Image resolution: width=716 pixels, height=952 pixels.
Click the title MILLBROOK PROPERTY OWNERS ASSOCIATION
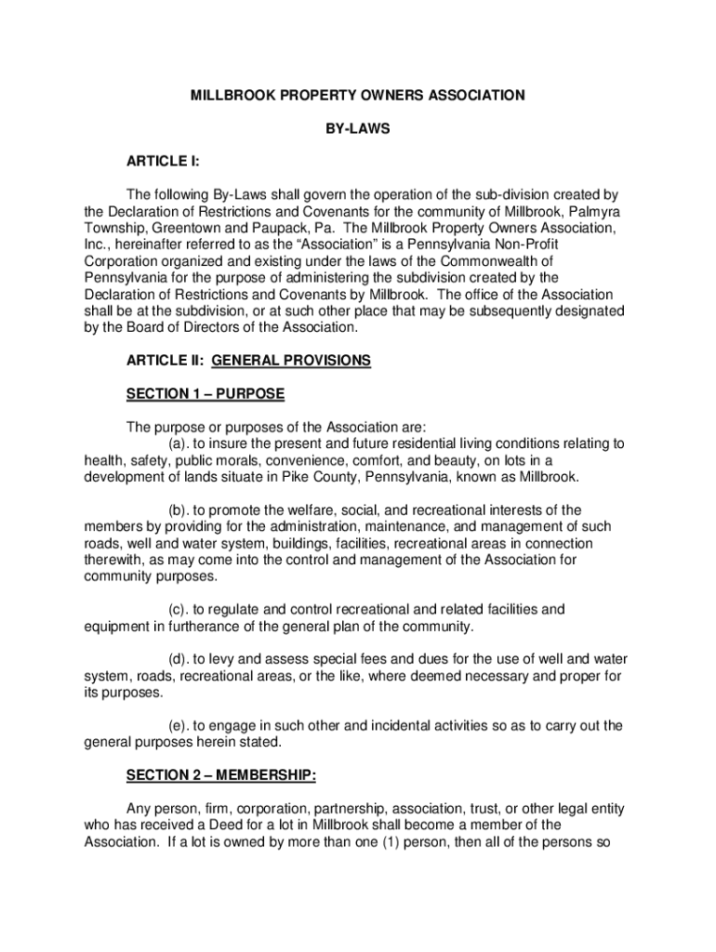(358, 95)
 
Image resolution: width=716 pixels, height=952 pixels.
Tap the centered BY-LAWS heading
(357, 129)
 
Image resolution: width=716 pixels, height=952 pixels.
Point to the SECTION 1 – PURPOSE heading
(206, 394)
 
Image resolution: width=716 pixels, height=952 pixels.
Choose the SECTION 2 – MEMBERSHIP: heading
(221, 775)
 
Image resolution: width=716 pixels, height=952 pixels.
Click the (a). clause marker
(179, 443)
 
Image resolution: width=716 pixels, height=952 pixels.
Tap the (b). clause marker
(179, 509)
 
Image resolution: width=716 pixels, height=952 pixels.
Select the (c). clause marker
(179, 609)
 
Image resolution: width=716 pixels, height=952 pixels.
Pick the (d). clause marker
(179, 659)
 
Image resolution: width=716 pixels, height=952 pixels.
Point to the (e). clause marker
(179, 725)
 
